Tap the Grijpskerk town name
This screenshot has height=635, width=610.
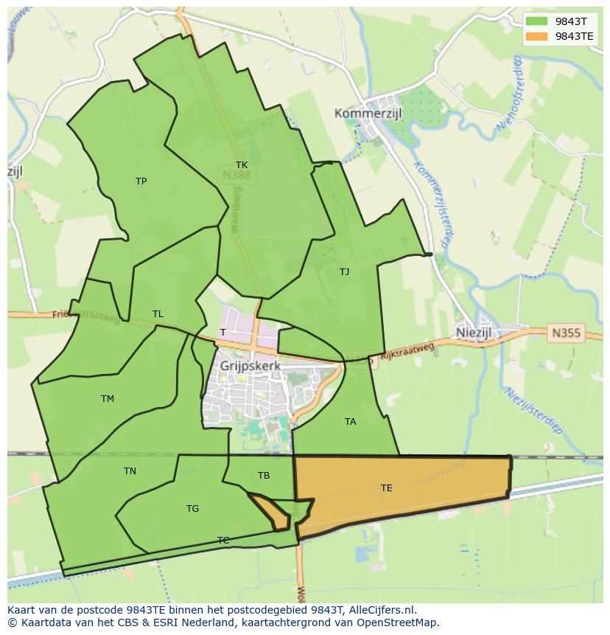pyautogui.click(x=250, y=365)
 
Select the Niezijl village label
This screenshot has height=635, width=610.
pyautogui.click(x=483, y=333)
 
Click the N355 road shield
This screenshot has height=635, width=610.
pyautogui.click(x=565, y=333)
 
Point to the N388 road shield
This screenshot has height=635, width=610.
pyautogui.click(x=236, y=176)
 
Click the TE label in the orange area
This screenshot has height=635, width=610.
pyautogui.click(x=386, y=488)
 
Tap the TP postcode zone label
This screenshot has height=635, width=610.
pyautogui.click(x=141, y=181)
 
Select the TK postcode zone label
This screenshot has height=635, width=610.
pyautogui.click(x=242, y=165)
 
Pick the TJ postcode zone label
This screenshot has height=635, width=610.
pyautogui.click(x=344, y=272)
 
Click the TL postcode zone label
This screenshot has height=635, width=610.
pyautogui.click(x=158, y=314)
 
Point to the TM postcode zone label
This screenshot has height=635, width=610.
pyautogui.click(x=108, y=399)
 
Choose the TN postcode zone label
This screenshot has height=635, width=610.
pyautogui.click(x=130, y=471)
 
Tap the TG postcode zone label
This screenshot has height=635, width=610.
pyautogui.click(x=192, y=509)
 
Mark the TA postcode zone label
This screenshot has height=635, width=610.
pyautogui.click(x=350, y=422)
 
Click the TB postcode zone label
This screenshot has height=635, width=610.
pyautogui.click(x=264, y=476)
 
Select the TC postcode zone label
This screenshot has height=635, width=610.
pyautogui.click(x=223, y=541)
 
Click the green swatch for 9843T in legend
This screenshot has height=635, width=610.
pyautogui.click(x=536, y=21)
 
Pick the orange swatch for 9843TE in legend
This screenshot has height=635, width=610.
pyautogui.click(x=536, y=35)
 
